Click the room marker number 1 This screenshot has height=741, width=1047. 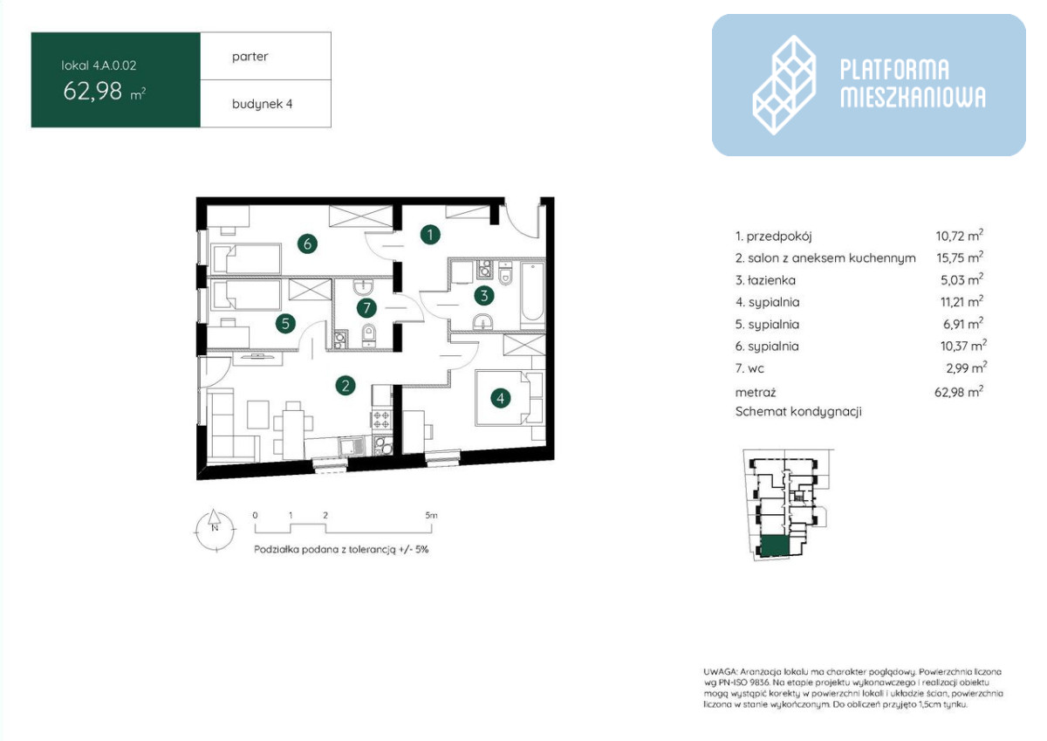tap(429, 235)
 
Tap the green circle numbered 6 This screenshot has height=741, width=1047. tap(307, 244)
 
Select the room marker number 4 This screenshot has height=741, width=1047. tap(500, 398)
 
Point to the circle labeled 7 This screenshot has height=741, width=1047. tap(366, 307)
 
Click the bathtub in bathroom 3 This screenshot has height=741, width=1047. tap(532, 292)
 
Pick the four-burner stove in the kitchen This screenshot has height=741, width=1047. tap(381, 419)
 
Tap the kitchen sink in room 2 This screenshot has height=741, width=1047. tap(352, 446)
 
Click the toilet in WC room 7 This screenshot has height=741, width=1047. tap(368, 335)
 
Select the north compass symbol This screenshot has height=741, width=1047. tap(215, 530)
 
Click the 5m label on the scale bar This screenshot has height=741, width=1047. tap(431, 515)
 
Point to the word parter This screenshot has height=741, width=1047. tap(250, 57)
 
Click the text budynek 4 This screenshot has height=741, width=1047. tap(263, 104)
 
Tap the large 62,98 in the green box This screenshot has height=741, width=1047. tap(92, 91)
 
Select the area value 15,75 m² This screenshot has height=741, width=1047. tap(960, 257)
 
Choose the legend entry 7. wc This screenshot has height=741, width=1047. tap(749, 368)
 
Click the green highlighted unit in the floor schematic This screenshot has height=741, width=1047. tap(776, 545)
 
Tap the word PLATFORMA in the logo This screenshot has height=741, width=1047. tap(894, 70)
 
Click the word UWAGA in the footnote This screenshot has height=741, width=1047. tap(720, 672)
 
